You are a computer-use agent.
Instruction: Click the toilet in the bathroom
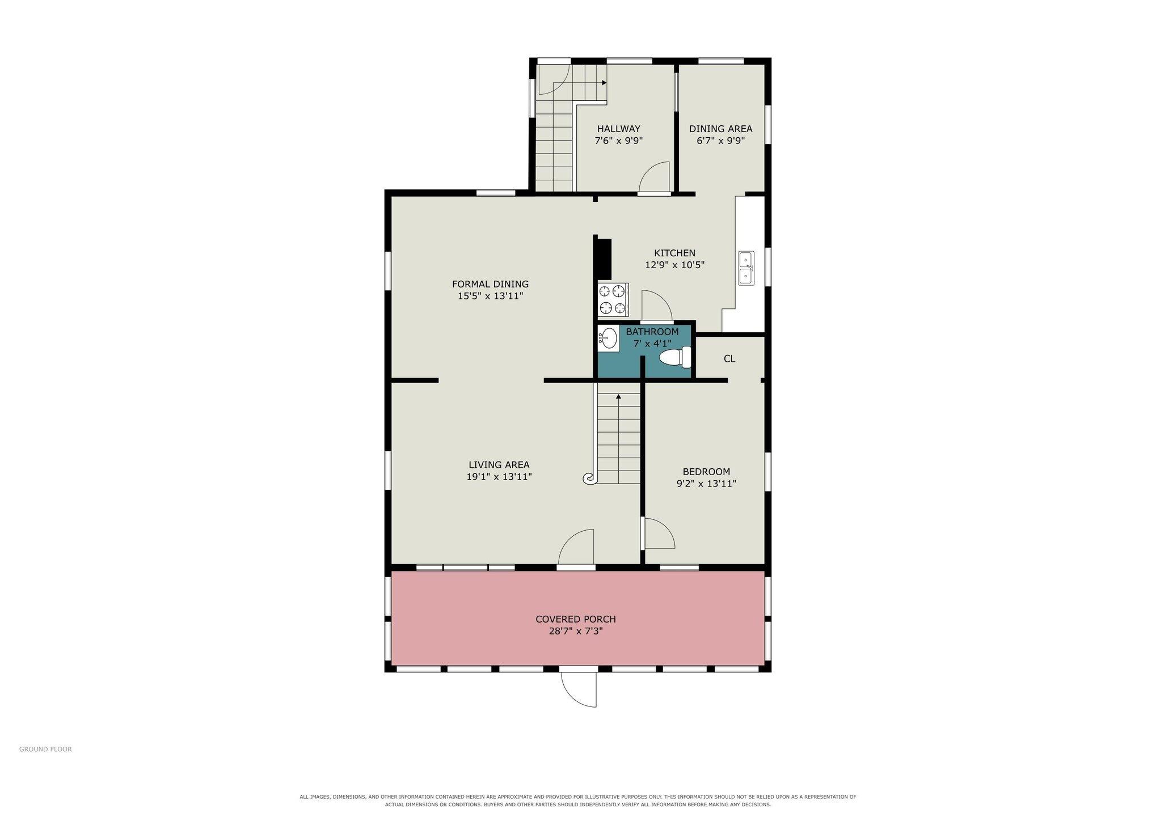tap(676, 357)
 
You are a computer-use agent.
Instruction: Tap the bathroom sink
tap(608, 338)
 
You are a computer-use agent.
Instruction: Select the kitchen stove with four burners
tap(613, 299)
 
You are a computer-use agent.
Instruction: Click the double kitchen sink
tap(746, 268)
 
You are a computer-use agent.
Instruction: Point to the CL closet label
tap(729, 359)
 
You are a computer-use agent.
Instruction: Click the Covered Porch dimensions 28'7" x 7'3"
tap(576, 631)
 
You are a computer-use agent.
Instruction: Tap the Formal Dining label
tap(490, 284)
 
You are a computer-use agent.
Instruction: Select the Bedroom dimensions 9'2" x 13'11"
tap(706, 484)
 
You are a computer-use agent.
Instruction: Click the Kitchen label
tap(674, 253)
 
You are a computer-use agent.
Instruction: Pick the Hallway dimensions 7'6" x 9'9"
tap(618, 141)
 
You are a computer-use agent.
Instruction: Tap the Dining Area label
tap(720, 129)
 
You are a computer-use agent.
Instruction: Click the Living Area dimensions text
tap(499, 477)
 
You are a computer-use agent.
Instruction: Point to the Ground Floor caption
tap(45, 749)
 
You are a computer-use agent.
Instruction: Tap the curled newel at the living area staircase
tap(589, 479)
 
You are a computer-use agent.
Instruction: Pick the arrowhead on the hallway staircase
tap(604, 83)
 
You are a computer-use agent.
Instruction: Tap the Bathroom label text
tap(652, 332)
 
